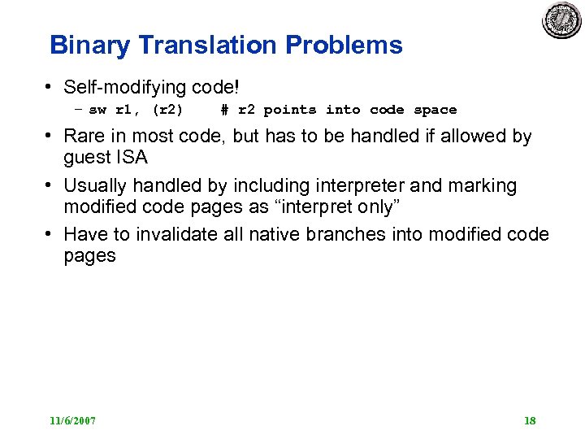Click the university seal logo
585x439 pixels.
562,20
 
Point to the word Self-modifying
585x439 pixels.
122,87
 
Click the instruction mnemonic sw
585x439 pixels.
97,110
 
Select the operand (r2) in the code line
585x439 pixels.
167,110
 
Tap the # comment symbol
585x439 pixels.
224,110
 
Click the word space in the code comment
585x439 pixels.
435,110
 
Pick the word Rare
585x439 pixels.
84,136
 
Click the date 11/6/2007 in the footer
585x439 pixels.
72,421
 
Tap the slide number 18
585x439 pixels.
530,421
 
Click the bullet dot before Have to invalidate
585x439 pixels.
50,235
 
